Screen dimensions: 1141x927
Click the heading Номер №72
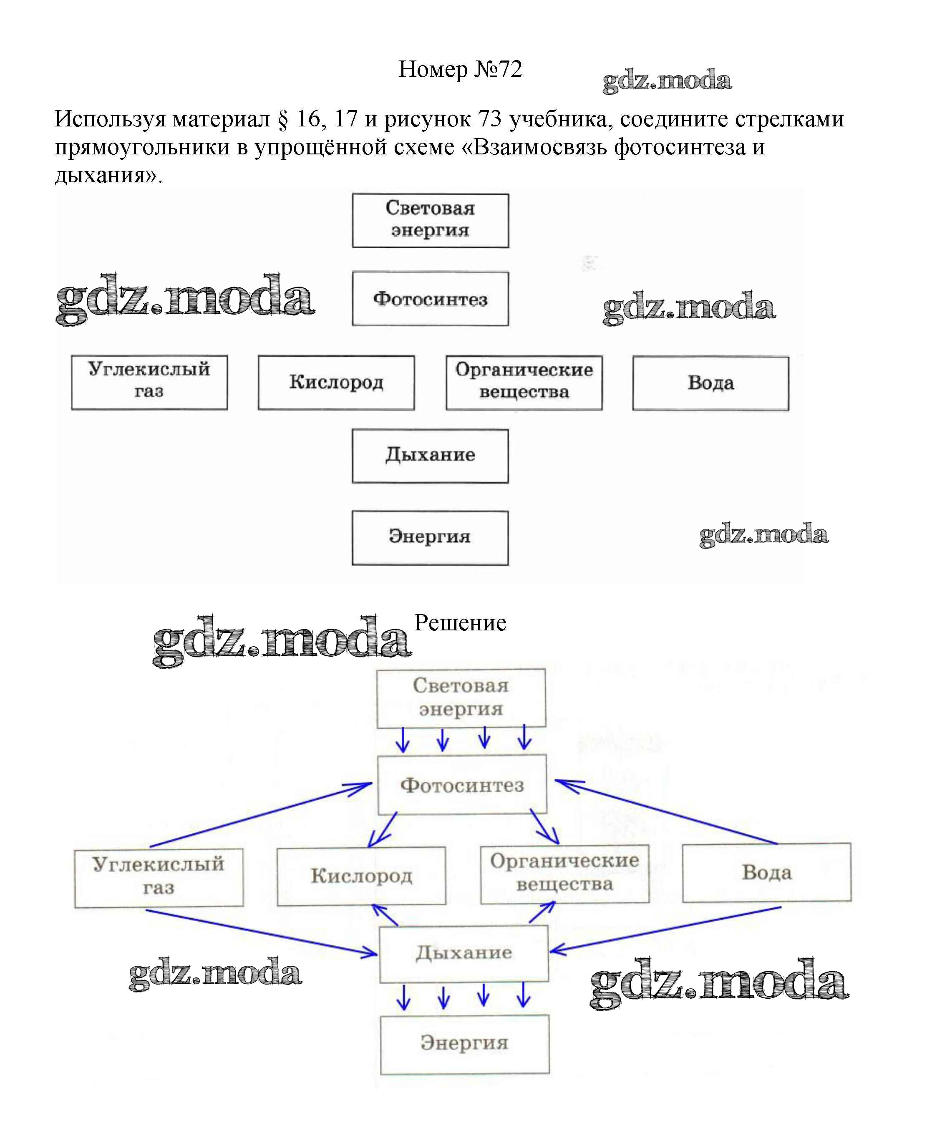(x=460, y=69)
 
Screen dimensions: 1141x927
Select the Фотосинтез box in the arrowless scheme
(x=431, y=299)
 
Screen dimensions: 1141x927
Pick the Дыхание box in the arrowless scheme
(x=431, y=456)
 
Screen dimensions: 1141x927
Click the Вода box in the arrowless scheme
(x=711, y=383)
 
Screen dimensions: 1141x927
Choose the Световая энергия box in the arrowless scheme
(x=431, y=220)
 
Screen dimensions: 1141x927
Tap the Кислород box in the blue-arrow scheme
(x=362, y=876)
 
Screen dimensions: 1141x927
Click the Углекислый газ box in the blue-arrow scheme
(x=159, y=877)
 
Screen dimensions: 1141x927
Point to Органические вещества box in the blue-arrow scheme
(x=564, y=874)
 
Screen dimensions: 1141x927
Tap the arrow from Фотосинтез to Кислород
(x=383, y=830)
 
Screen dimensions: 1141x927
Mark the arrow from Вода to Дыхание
(x=665, y=929)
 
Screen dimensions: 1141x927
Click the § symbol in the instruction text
(x=282, y=119)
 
